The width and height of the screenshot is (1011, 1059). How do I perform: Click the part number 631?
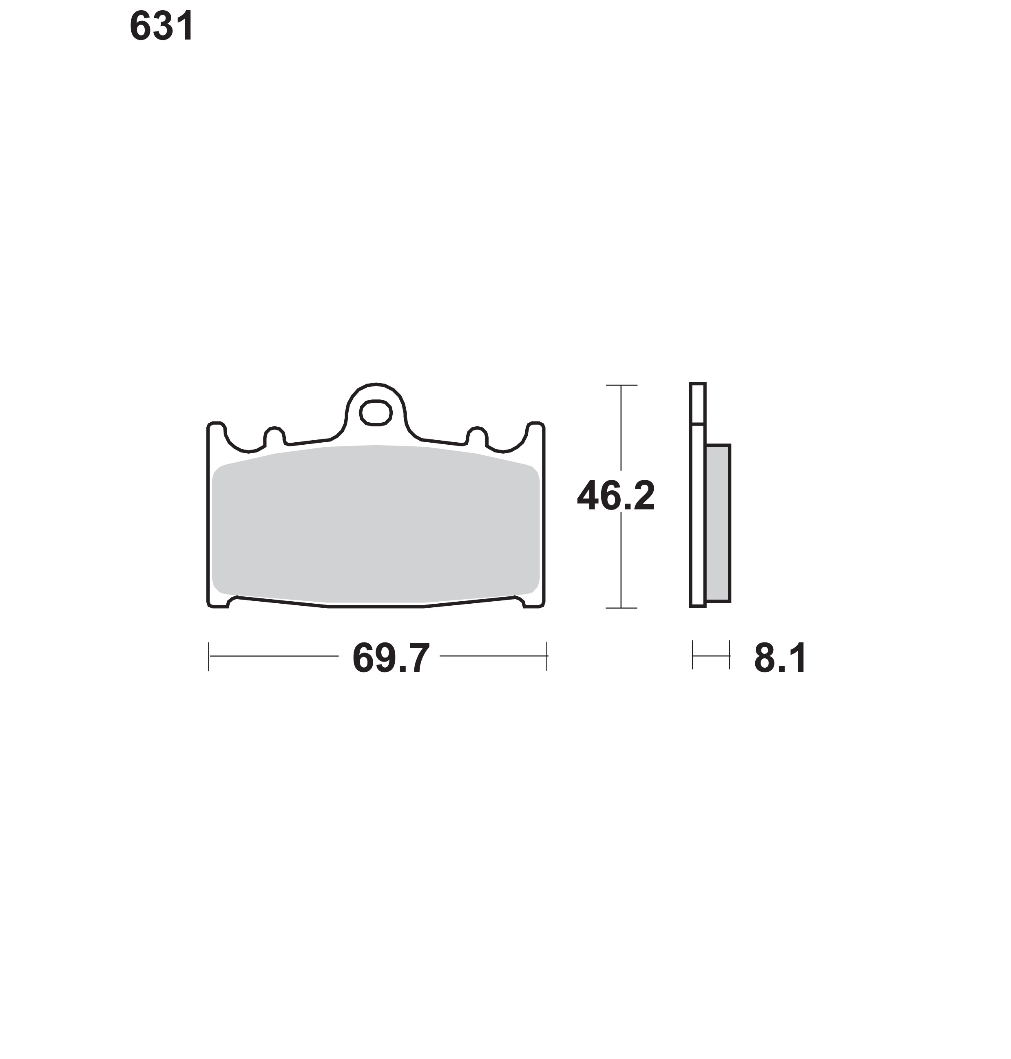coord(161,26)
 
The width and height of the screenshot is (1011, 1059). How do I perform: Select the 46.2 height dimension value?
coord(616,496)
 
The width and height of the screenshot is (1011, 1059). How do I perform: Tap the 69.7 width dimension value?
coord(391,658)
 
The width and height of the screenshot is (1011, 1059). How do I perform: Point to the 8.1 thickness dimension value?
coord(780,658)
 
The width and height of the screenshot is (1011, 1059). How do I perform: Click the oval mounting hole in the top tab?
coord(376,413)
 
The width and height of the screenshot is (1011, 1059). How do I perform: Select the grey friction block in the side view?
coord(718,523)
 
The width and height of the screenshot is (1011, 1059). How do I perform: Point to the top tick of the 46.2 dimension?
coord(622,385)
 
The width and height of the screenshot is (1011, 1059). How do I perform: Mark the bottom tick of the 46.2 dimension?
coord(622,608)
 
